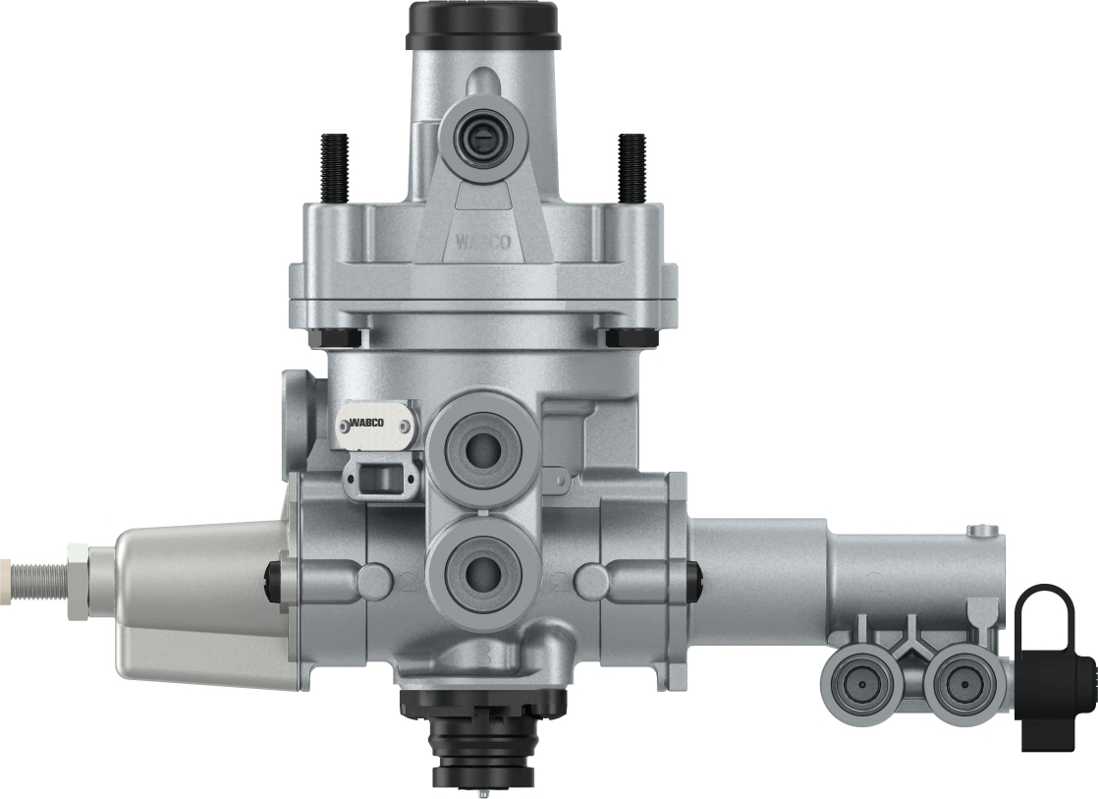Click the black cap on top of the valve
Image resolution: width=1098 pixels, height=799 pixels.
[x=481, y=26]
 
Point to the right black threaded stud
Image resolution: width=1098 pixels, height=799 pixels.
[x=631, y=168]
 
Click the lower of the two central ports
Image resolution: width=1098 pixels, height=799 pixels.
[x=482, y=567]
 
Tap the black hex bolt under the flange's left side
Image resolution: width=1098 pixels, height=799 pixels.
[x=332, y=337]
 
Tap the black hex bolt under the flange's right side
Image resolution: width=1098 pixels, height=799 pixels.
[x=632, y=337]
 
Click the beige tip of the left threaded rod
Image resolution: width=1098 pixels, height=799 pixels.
[x=5, y=569]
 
